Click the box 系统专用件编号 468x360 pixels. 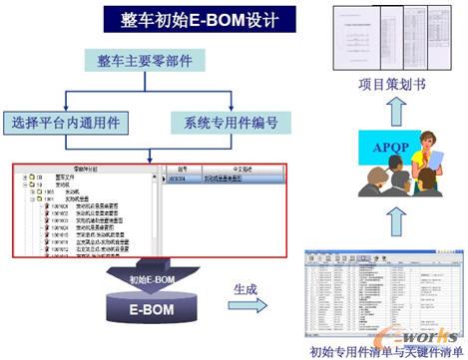point(231,124)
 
